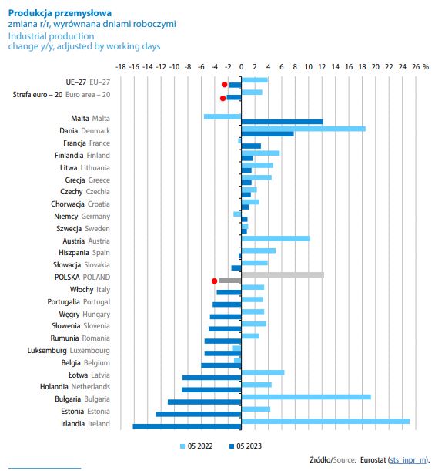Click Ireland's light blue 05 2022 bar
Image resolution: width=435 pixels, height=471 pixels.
pyautogui.click(x=326, y=422)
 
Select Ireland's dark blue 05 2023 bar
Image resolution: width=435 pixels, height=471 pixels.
pyautogui.click(x=187, y=426)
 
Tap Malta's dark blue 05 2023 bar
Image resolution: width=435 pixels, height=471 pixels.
pyautogui.click(x=283, y=122)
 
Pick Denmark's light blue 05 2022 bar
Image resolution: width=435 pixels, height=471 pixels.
pyautogui.click(x=303, y=129)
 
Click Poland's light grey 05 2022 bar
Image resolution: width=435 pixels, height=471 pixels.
pyautogui.click(x=283, y=275)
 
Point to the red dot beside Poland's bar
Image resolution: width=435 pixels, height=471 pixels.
pyautogui.click(x=214, y=281)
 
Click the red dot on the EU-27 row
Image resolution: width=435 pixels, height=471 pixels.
pyautogui.click(x=224, y=84)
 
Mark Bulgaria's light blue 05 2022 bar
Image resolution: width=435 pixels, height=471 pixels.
pyautogui.click(x=306, y=397)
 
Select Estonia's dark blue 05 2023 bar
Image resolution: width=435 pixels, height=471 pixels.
pyautogui.click(x=199, y=414)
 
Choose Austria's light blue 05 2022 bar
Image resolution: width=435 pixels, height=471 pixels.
pyautogui.click(x=276, y=238)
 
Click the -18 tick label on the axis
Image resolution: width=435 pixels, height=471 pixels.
pyautogui.click(x=121, y=67)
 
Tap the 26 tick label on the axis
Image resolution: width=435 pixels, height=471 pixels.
pyautogui.click(x=416, y=67)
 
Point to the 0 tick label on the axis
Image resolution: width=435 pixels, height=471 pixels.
pyautogui.click(x=241, y=67)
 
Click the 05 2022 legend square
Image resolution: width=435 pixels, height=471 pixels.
pyautogui.click(x=182, y=446)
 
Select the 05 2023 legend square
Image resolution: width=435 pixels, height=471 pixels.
pyautogui.click(x=231, y=446)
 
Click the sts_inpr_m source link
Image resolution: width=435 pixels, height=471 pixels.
pyautogui.click(x=408, y=460)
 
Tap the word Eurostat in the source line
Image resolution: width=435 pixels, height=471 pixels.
pyautogui.click(x=373, y=460)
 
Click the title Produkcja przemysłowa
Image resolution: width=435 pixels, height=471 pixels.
pyautogui.click(x=60, y=13)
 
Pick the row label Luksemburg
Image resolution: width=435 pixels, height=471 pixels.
pyautogui.click(x=47, y=351)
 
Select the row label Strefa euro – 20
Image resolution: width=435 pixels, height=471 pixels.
pyautogui.click(x=38, y=95)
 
